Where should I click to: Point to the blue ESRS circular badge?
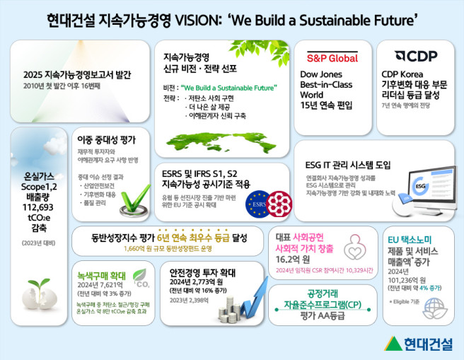tap(255, 205)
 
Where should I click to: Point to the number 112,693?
tap(40, 207)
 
